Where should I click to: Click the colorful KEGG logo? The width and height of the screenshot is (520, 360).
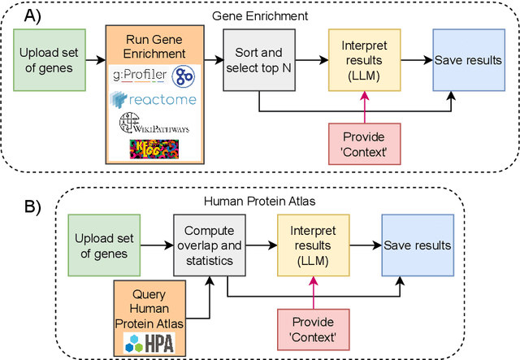pos(154,150)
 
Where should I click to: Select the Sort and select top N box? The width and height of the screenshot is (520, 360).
pos(258,60)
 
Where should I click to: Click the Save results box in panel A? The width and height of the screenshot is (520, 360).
pos(467,60)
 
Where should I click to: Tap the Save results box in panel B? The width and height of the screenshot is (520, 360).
pos(418,243)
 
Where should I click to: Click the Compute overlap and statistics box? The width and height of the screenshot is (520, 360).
pos(209,243)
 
